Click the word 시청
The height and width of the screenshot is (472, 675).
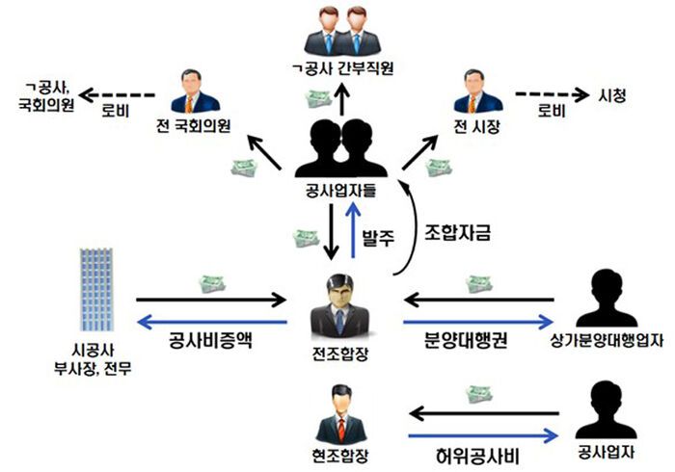pos(613,95)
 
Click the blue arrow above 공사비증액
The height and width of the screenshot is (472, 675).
pos(213,322)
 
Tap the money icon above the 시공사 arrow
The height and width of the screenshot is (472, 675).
pos(213,283)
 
